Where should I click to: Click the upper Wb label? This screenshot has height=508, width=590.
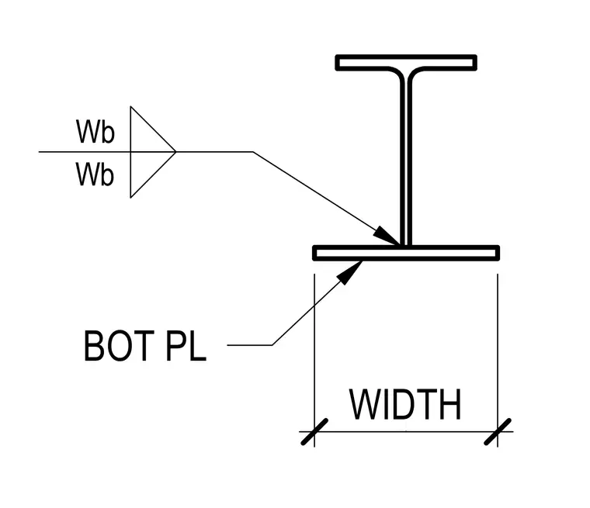pos(95,131)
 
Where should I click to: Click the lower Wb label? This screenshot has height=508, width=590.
pos(95,174)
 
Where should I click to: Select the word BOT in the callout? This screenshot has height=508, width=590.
pos(119,346)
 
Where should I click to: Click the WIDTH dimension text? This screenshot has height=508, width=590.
pos(405,404)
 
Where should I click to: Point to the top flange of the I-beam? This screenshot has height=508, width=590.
pos(406,62)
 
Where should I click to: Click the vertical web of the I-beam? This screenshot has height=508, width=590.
pos(406,158)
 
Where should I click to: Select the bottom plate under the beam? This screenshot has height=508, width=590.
pos(406,253)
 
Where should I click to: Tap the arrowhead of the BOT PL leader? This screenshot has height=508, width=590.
pos(349,272)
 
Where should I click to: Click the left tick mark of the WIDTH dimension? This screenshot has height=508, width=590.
pos(314,432)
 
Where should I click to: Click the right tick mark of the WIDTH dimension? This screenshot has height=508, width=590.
pos(498,432)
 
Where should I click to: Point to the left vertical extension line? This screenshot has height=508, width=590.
pos(314,360)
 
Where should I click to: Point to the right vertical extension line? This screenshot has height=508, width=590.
pos(498,360)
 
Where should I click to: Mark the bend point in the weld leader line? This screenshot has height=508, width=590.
pos(253,152)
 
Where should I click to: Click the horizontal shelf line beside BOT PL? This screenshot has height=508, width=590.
pos(249,345)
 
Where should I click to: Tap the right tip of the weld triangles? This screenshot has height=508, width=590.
pos(175,152)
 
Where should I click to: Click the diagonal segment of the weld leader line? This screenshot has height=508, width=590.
pos(327,199)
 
